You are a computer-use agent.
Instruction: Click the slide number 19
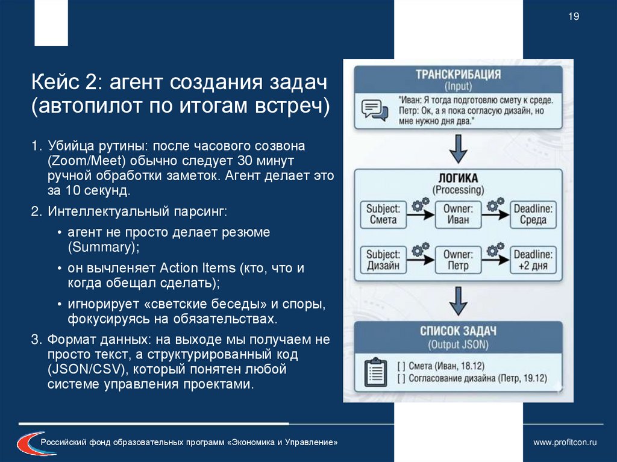(x=573, y=17)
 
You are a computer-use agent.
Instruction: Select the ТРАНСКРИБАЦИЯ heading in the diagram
(x=458, y=75)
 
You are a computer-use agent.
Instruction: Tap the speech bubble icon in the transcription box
(x=374, y=110)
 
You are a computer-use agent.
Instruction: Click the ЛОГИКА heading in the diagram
(x=458, y=178)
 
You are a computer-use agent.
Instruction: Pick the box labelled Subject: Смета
(x=383, y=214)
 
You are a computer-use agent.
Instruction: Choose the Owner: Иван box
(x=458, y=214)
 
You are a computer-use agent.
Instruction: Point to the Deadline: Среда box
(x=533, y=214)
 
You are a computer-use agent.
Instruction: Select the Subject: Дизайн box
(x=383, y=260)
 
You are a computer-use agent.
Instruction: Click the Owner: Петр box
(x=458, y=260)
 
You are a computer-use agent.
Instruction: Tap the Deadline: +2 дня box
(x=533, y=260)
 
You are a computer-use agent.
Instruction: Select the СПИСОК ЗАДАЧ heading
(x=458, y=332)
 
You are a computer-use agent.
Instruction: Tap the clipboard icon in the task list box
(x=375, y=372)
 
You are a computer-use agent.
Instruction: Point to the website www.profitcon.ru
(x=565, y=443)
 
